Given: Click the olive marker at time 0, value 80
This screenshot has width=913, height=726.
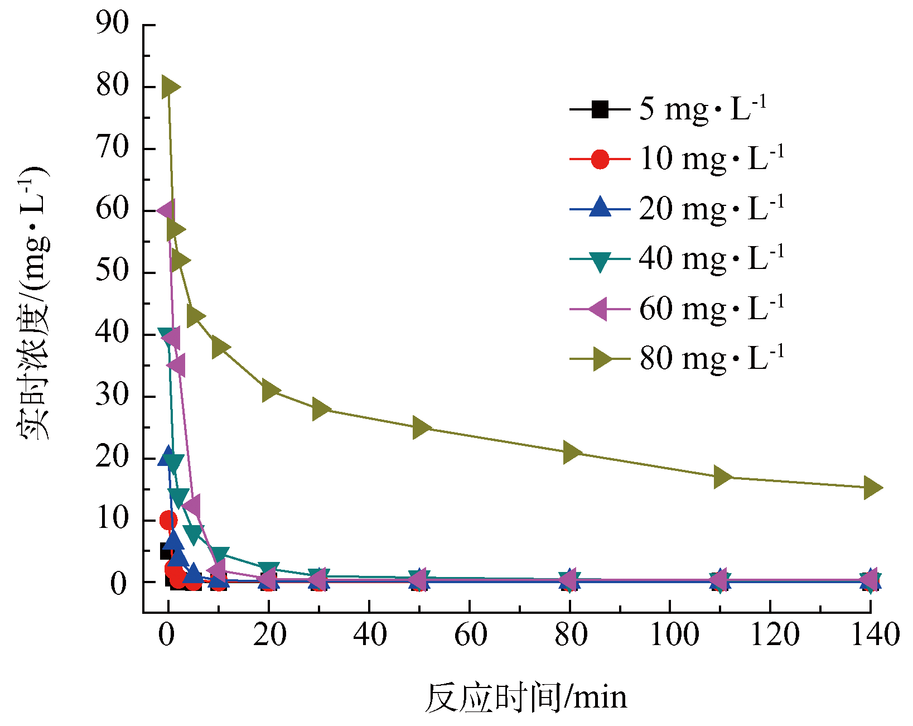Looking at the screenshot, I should coord(170,87).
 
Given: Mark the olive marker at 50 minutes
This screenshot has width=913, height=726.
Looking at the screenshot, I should coord(421,427).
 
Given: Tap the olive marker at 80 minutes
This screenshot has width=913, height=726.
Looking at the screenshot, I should coord(571,453).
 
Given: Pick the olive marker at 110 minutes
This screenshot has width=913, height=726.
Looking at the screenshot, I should coord(722,477).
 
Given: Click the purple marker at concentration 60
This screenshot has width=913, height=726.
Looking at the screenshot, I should coord(166,211).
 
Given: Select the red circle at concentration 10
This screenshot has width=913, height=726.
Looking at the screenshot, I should coord(168,520).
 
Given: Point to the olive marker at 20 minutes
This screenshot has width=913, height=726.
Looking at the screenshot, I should coord(270,391).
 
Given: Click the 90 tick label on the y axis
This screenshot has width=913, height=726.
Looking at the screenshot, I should coord(112,24).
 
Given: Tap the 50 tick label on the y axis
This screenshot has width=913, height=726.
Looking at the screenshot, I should coord(112,272).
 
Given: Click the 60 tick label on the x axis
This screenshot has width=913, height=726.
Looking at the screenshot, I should coord(470,635).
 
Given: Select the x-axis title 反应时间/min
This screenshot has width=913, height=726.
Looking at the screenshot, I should coord(525,698).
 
